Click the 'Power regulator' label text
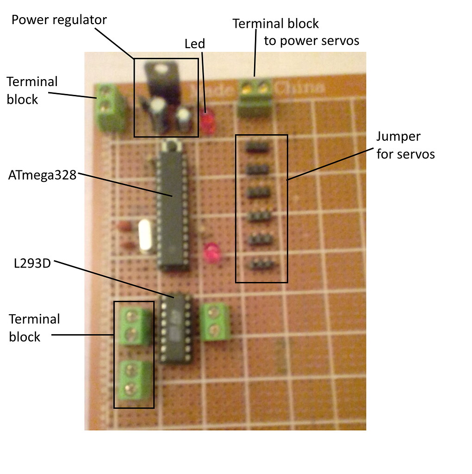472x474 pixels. tap(59, 20)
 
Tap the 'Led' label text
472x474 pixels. tap(194, 44)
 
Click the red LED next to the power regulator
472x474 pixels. tap(208, 121)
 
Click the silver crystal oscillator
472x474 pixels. tap(145, 236)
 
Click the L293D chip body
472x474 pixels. tap(175, 329)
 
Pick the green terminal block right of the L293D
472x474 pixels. tap(216, 323)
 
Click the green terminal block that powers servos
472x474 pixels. tap(255, 98)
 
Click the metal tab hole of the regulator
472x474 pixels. tap(161, 69)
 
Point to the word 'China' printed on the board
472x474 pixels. tap(299, 87)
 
